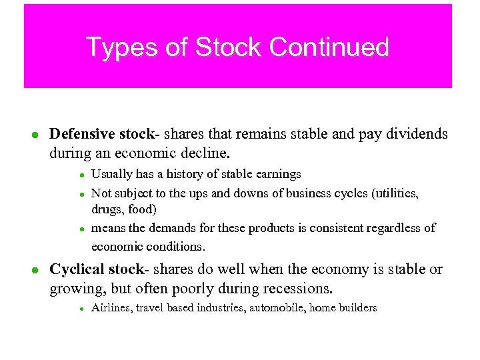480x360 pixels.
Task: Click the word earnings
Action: click(278, 174)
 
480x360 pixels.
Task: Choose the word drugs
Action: click(105, 209)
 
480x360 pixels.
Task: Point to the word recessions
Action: click(296, 289)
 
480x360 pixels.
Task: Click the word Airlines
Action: click(111, 308)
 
